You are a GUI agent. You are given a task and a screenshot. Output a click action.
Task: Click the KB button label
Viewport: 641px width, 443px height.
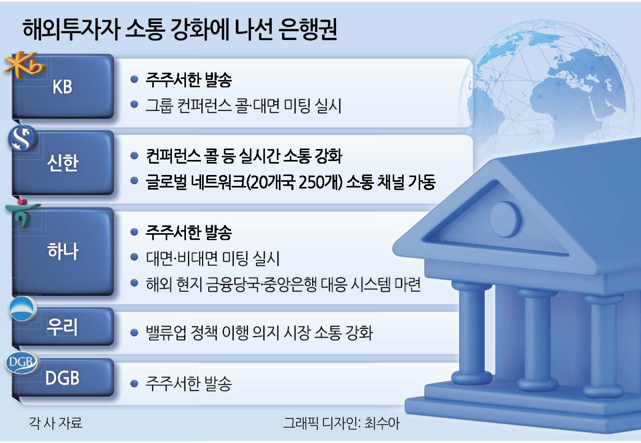pos(62,87)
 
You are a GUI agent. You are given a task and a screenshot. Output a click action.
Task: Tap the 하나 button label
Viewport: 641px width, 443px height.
pos(62,252)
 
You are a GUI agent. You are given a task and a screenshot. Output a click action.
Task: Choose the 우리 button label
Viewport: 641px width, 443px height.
pos(62,328)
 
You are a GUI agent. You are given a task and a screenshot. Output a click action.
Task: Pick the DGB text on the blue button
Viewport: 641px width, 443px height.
pos(62,378)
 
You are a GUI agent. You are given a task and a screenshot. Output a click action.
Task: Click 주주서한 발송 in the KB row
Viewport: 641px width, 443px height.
pos(188,80)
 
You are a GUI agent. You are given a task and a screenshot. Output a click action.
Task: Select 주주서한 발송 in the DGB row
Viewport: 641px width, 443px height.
pos(188,384)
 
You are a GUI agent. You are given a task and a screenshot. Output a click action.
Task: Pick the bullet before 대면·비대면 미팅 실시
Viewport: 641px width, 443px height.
pos(135,258)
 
